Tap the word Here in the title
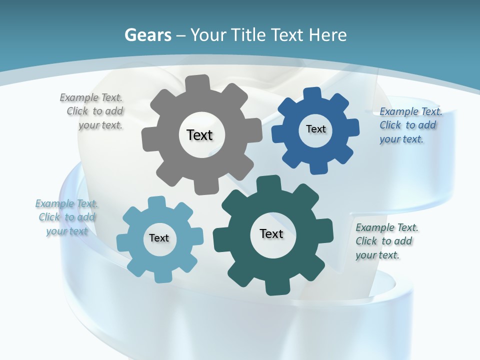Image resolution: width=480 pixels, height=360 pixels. [327, 35]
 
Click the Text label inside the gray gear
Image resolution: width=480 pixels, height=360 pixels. [199, 135]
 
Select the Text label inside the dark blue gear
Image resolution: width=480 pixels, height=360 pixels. [315, 129]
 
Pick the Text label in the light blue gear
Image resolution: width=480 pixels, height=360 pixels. [159, 238]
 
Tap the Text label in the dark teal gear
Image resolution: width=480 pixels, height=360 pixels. [271, 234]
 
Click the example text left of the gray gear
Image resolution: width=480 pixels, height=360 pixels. [92, 111]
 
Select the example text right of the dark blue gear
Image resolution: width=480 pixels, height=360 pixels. [409, 125]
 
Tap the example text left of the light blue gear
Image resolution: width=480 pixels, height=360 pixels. [66, 217]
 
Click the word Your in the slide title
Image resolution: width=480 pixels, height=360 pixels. [208, 35]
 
